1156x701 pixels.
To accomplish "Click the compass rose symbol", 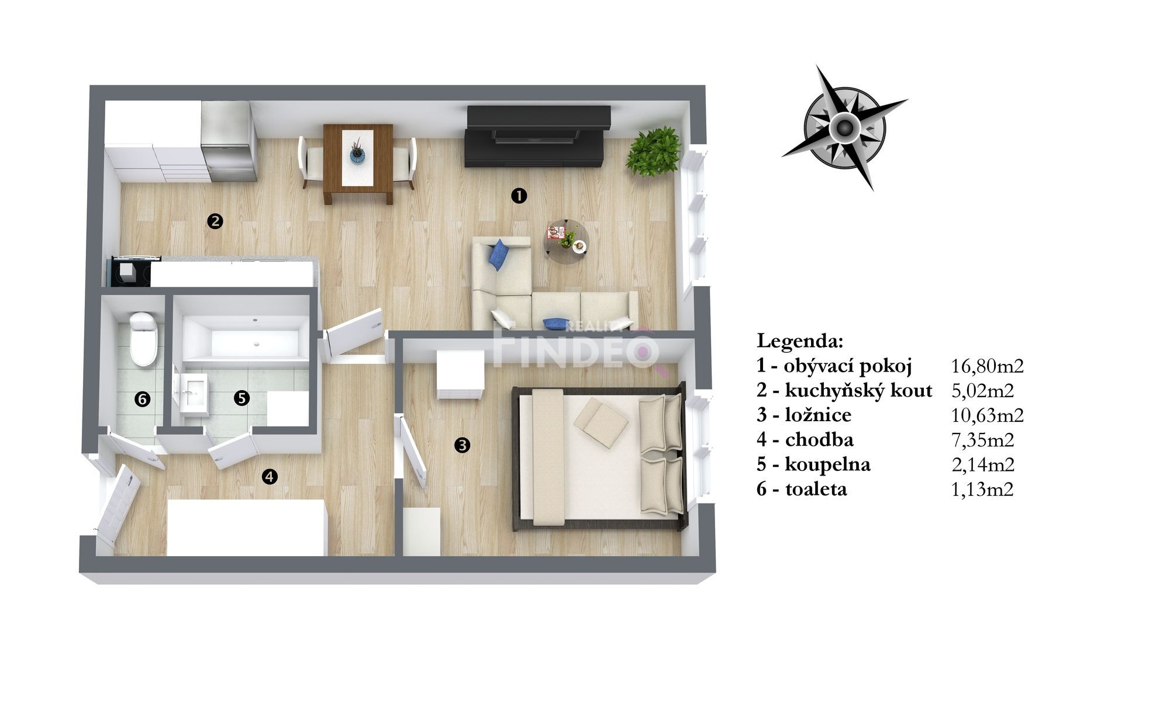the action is (844, 128).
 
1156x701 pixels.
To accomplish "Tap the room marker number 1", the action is (518, 195).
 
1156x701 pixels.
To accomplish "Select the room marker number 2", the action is (215, 221).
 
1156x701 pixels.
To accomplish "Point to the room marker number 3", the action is (462, 445).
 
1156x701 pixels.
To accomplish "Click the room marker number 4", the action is (269, 477).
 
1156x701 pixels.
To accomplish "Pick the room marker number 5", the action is (241, 398).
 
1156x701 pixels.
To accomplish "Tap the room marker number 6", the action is (142, 399).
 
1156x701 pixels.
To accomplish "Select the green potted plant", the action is (654, 151).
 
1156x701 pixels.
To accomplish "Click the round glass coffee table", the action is (565, 241).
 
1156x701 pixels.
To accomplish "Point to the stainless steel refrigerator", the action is (228, 141).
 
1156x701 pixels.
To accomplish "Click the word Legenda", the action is (800, 341).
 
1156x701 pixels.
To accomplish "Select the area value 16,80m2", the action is (988, 366).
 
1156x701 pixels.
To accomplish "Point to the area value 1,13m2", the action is (982, 489).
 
